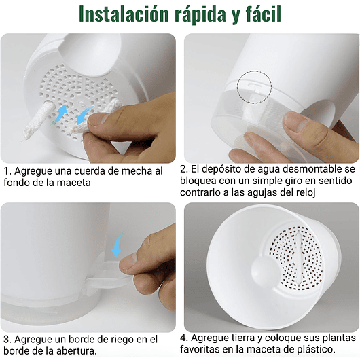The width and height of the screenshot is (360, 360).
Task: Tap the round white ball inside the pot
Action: click(x=264, y=270)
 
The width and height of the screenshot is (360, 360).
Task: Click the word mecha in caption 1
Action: click(x=135, y=171)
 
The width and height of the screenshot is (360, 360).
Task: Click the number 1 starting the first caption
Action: click(x=6, y=171)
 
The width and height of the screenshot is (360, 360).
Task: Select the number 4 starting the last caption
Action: click(x=183, y=338)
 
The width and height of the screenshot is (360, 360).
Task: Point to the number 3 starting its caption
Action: click(x=6, y=339)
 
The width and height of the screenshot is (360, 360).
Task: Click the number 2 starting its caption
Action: click(x=183, y=168)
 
